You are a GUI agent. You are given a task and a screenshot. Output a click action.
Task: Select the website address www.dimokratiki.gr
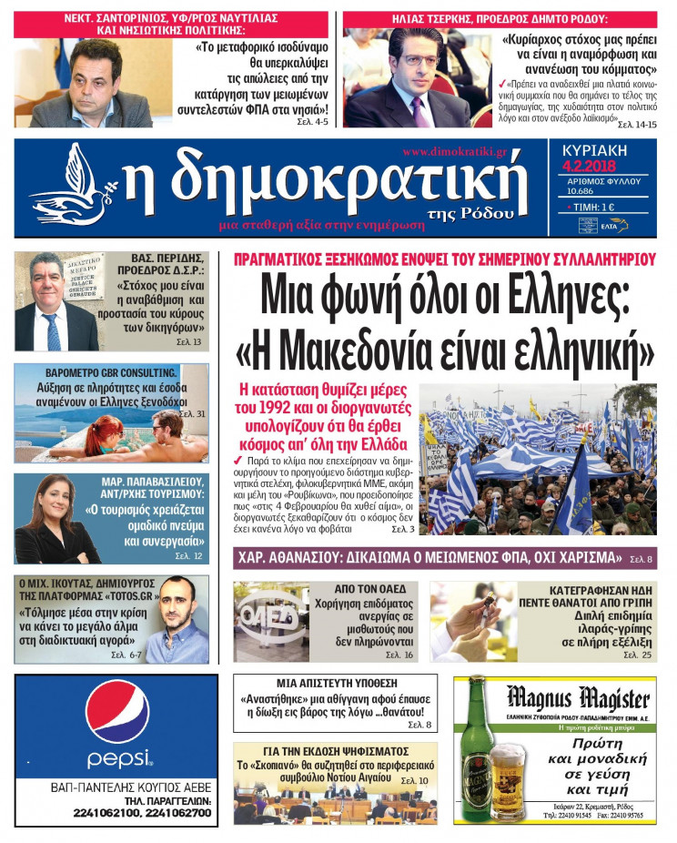click(454, 151)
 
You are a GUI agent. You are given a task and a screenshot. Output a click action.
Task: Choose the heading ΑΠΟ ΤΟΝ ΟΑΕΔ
click(363, 589)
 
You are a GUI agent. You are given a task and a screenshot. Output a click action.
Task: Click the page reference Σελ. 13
click(191, 342)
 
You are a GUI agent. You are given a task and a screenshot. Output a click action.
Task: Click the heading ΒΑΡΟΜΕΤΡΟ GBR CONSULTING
click(111, 373)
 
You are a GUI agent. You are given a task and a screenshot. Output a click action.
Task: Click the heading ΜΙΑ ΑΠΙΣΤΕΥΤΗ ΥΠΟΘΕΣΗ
click(334, 682)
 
